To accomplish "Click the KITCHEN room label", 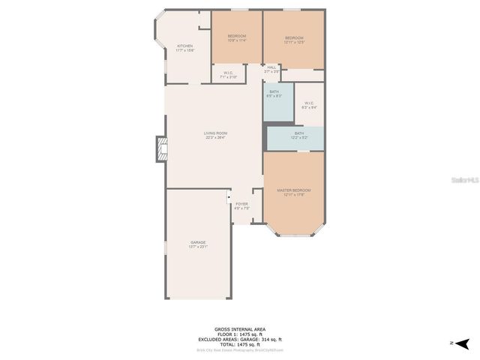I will click(x=184, y=46).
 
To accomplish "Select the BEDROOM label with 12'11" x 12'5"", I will click(x=294, y=38).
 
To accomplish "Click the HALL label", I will click(x=271, y=67).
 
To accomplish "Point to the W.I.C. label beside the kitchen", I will click(x=228, y=73).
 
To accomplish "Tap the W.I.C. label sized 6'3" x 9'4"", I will click(x=309, y=103).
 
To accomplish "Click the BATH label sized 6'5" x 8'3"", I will click(x=274, y=93).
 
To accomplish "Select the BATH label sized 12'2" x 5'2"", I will click(x=298, y=133).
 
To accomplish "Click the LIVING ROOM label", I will click(x=215, y=133).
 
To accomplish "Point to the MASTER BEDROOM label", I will click(x=293, y=190).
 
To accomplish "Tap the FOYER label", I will click(x=241, y=204).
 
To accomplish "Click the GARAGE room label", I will click(x=198, y=242).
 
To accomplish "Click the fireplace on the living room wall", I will click(x=160, y=149).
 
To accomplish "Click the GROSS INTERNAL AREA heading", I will click(x=239, y=329).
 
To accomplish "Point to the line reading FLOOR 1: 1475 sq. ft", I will click(x=239, y=334).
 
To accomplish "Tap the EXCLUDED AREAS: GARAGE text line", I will click(x=239, y=338).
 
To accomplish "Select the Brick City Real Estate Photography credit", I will click(x=239, y=349).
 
